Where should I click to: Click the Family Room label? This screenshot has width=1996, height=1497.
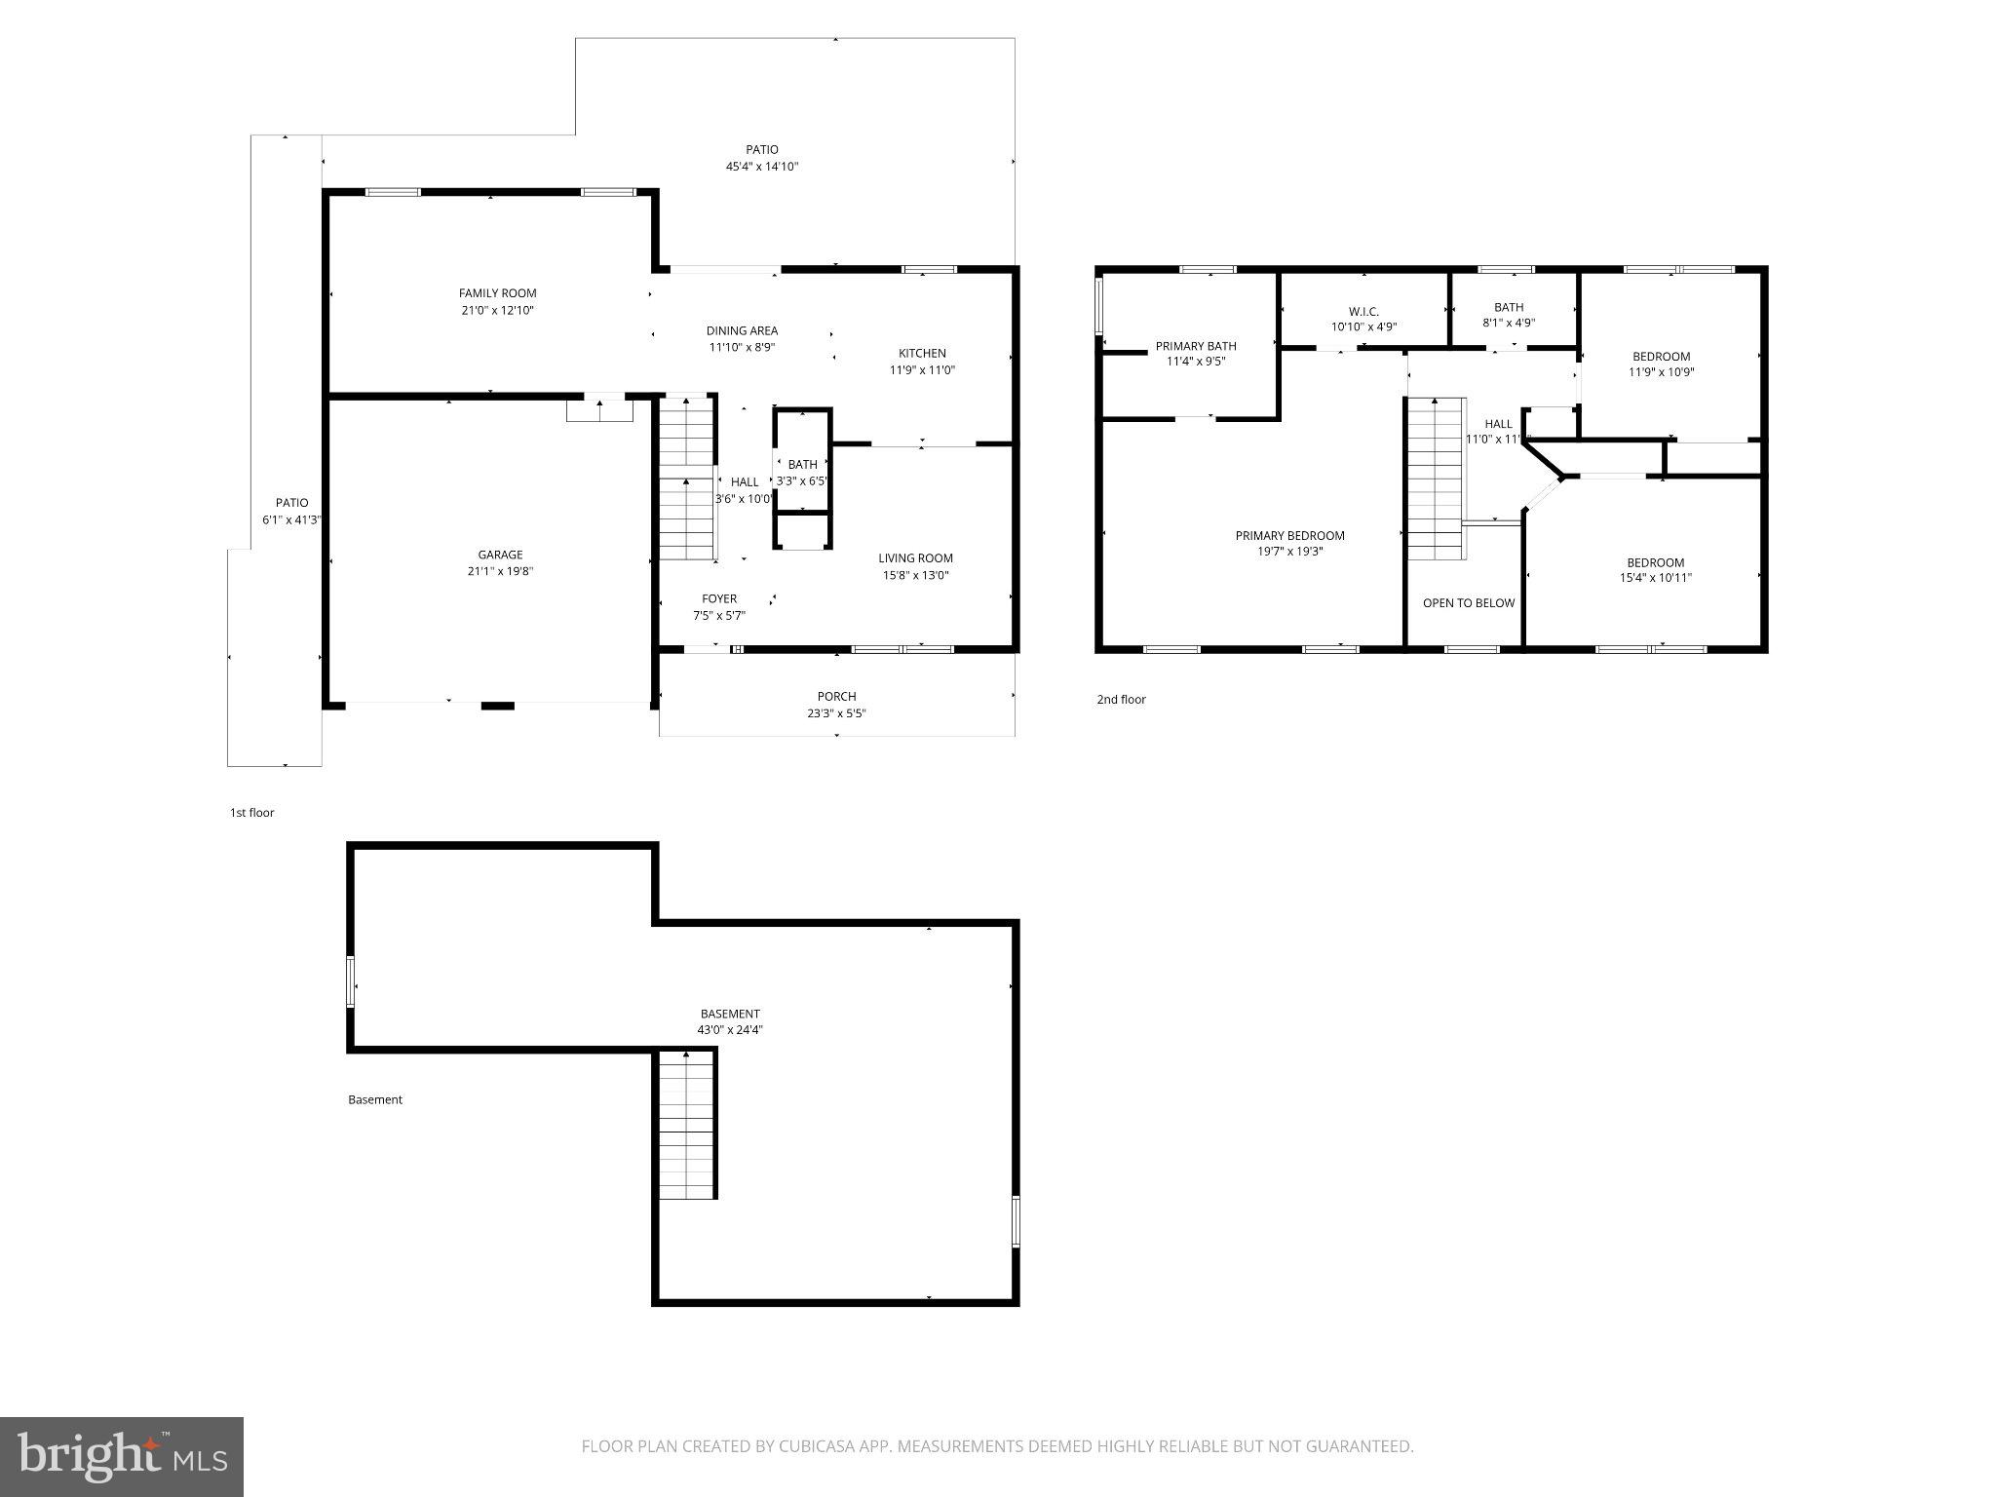pos(497,293)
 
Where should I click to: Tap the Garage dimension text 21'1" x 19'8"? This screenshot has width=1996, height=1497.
pos(500,572)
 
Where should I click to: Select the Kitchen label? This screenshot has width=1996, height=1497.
pos(921,354)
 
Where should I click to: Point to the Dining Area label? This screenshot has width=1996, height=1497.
pos(742,331)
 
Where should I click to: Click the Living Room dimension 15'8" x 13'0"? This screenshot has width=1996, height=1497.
pos(915,575)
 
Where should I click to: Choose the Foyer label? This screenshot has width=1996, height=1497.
pos(719,599)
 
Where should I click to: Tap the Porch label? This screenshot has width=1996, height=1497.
pos(836,697)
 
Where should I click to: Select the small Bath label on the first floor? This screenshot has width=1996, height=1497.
pos(802,465)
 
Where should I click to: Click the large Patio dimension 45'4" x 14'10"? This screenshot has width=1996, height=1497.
pos(762,167)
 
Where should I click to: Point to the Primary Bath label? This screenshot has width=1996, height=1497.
pos(1196,346)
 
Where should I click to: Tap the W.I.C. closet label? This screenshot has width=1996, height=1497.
pos(1363,312)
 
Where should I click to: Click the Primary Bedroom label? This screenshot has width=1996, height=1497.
pos(1289,536)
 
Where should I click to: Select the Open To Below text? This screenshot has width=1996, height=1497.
pos(1468,603)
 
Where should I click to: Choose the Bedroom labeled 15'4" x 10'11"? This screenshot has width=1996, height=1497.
pos(1655,563)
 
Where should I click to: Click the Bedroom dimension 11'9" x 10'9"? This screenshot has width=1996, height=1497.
pos(1661,372)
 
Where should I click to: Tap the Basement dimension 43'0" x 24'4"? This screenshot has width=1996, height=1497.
pos(730,1030)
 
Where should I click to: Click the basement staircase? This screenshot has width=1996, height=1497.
pos(687,1126)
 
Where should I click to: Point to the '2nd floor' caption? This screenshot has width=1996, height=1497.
pos(1121,700)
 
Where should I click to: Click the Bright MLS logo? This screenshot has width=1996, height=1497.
pos(122,1457)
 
